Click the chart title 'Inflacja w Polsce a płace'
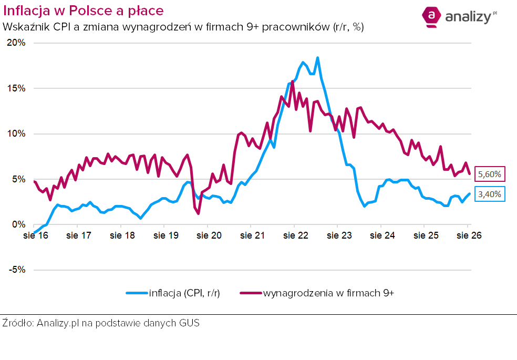click(84, 11)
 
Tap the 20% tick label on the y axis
click(16, 43)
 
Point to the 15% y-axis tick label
click(16, 88)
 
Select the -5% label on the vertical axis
click(17, 270)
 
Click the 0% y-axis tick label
click(19, 224)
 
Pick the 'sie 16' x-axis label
click(36, 235)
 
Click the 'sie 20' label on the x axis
click(209, 235)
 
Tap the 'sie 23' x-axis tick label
click(339, 235)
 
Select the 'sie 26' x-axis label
click(469, 235)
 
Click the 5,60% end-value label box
click(490, 174)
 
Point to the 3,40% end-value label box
click(490, 194)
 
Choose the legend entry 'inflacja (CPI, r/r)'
click(173, 293)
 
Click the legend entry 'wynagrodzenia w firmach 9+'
click(317, 293)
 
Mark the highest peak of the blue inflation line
click(317, 58)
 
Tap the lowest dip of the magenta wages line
click(198, 213)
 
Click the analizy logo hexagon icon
click(431, 16)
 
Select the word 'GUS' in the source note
click(189, 323)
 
